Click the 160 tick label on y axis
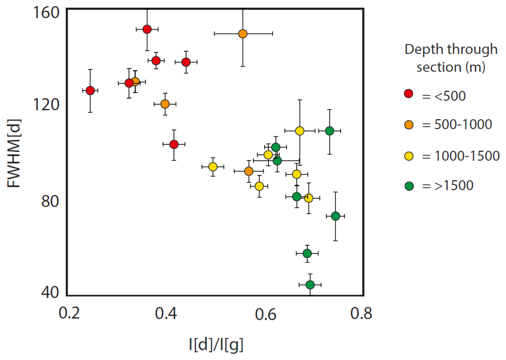pos(46,13)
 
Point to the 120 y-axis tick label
pos(46,104)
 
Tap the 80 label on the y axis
pos(50,201)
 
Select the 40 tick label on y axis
pos(50,292)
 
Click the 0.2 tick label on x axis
pos(69,313)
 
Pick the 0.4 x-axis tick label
pos(166,313)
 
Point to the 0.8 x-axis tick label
pos(361,313)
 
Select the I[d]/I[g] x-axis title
pos(216,345)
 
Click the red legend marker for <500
pos(409,94)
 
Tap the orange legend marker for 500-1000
pos(409,125)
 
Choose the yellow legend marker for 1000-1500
pos(409,156)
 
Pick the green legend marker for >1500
pos(409,186)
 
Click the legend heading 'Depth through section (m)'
pos(451,58)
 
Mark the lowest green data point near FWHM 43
pos(310,285)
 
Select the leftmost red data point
pos(90,91)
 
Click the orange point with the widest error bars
pos(243,34)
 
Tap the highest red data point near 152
pos(147,29)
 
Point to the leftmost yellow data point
pos(213,167)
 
